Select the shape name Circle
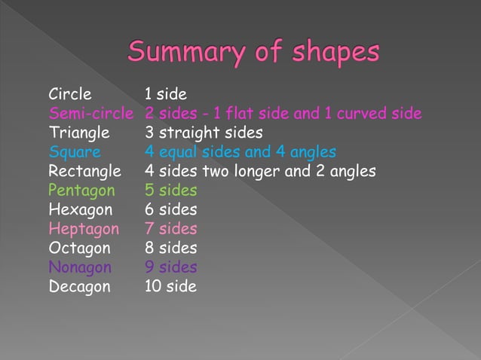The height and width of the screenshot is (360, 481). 70,94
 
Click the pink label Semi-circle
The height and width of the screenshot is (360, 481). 91,114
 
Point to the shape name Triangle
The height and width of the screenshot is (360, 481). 79,133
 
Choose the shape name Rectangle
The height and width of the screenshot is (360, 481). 85,171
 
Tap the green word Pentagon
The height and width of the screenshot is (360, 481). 82,191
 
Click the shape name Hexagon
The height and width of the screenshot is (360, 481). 81,209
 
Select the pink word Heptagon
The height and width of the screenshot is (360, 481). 84,228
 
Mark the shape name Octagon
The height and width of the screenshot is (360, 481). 80,248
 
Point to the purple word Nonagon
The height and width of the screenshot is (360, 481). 80,267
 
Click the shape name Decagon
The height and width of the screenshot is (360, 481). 79,286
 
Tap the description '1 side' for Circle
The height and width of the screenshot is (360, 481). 166,94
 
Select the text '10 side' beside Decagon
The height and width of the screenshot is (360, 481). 170,286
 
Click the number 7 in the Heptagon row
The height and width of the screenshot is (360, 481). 149,228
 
